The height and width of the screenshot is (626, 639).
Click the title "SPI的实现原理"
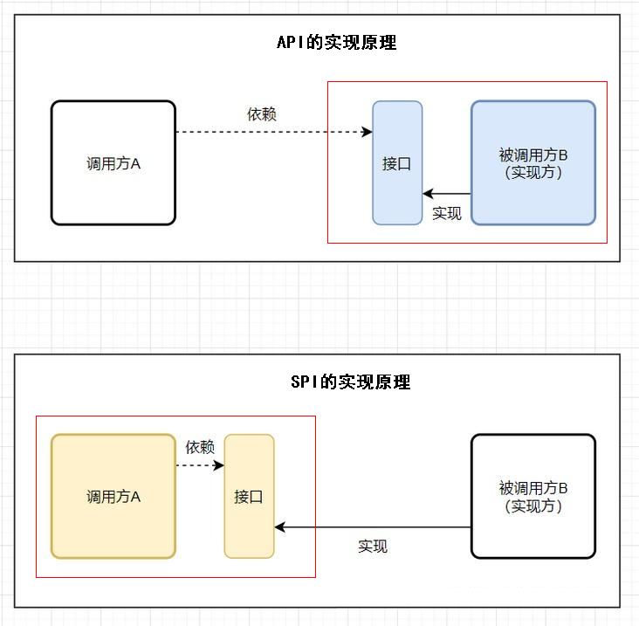(349, 382)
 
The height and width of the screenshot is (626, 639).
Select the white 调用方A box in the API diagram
(113, 162)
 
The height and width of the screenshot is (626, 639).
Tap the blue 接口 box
(397, 162)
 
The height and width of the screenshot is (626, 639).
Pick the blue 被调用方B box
(533, 162)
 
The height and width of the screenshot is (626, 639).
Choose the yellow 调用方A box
(113, 496)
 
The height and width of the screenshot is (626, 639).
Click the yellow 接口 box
(249, 496)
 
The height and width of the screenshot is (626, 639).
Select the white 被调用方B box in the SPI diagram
(533, 496)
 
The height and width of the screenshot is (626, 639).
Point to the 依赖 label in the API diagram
(263, 114)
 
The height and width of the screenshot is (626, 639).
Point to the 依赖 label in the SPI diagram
(200, 447)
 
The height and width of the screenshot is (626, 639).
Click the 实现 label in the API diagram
(447, 213)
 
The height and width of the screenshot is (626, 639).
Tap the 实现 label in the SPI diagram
(373, 547)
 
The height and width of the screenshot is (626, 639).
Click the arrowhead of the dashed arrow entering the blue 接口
(368, 133)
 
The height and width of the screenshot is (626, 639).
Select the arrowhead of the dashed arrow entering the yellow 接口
(219, 465)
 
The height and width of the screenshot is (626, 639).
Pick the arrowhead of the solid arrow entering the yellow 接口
(280, 527)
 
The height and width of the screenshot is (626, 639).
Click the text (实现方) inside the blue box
(533, 172)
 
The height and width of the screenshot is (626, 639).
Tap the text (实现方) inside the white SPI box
(533, 506)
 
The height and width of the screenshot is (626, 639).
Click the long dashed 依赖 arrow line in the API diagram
(271, 133)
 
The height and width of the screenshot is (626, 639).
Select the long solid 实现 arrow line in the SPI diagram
(375, 527)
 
